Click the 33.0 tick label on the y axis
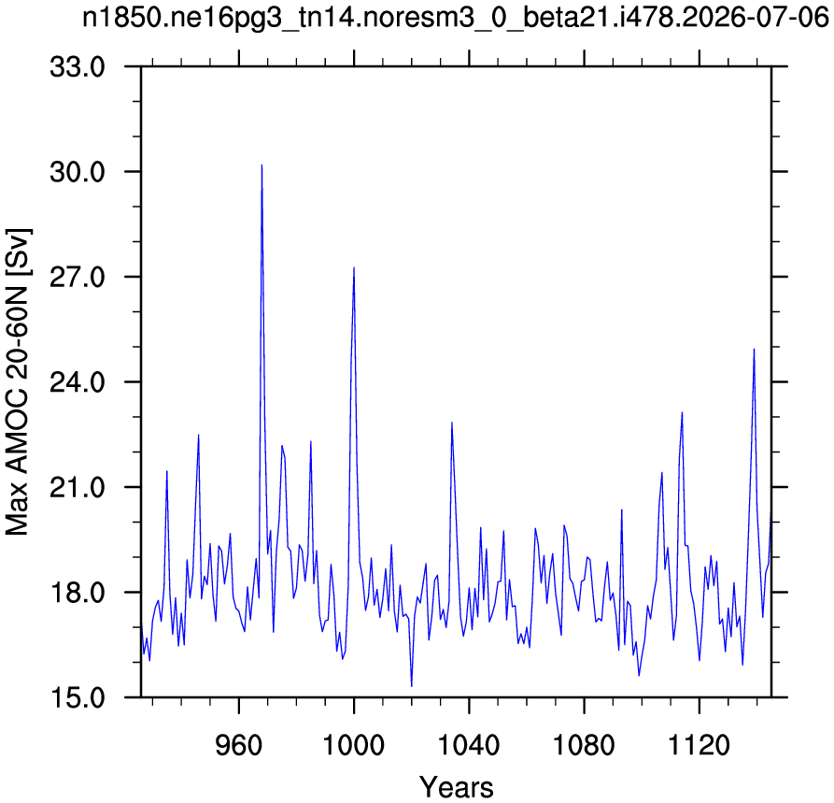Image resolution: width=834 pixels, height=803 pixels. pyautogui.click(x=78, y=67)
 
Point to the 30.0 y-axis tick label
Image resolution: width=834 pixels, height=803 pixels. pyautogui.click(x=78, y=172)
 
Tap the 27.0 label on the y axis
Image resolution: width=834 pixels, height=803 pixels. pyautogui.click(x=78, y=278)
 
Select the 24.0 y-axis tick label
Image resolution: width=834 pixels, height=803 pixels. pyautogui.click(x=78, y=382)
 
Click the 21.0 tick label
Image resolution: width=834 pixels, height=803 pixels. pyautogui.click(x=78, y=488)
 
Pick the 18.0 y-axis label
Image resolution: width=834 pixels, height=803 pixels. pyautogui.click(x=78, y=593)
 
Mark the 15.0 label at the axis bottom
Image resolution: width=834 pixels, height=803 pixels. pyautogui.click(x=78, y=697)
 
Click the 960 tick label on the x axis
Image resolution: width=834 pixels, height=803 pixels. pyautogui.click(x=239, y=745)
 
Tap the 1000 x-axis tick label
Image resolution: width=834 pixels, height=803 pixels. pyautogui.click(x=354, y=745)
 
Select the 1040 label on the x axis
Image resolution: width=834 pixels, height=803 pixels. pyautogui.click(x=469, y=745)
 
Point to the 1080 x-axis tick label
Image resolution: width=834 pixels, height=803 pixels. pyautogui.click(x=584, y=745)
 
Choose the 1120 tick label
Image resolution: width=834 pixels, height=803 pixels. pyautogui.click(x=699, y=745)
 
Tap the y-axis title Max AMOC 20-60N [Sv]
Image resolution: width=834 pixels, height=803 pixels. pyautogui.click(x=18, y=381)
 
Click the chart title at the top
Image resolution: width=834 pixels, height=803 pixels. pyautogui.click(x=456, y=18)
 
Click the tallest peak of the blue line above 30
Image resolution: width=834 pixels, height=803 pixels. pyautogui.click(x=262, y=165)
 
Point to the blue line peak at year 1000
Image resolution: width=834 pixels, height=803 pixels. pyautogui.click(x=354, y=267)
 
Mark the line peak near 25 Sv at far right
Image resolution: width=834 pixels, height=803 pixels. pyautogui.click(x=754, y=349)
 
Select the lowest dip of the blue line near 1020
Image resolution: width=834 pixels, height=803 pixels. pyautogui.click(x=412, y=686)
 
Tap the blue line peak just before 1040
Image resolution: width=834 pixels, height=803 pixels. pyautogui.click(x=452, y=423)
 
